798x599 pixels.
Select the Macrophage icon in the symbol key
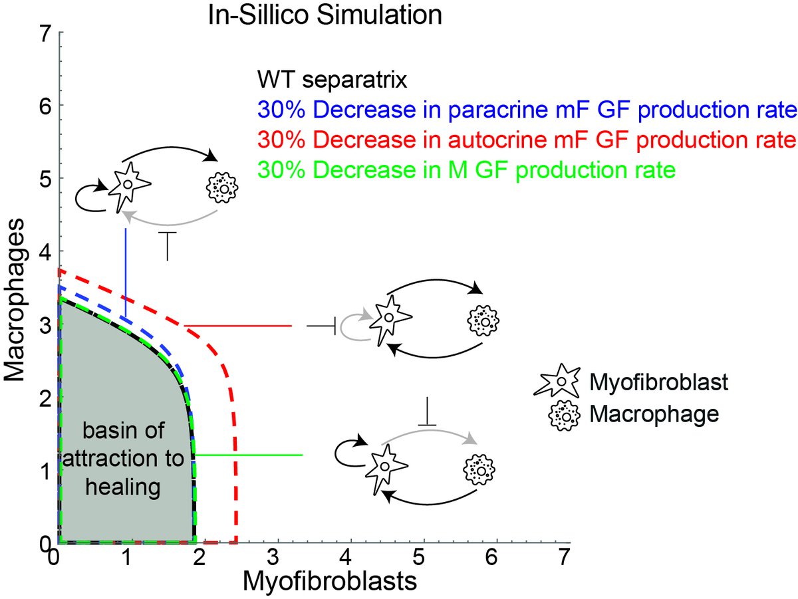click(x=563, y=414)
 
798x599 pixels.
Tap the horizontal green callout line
click(x=249, y=455)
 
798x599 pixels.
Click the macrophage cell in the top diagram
click(x=225, y=187)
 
